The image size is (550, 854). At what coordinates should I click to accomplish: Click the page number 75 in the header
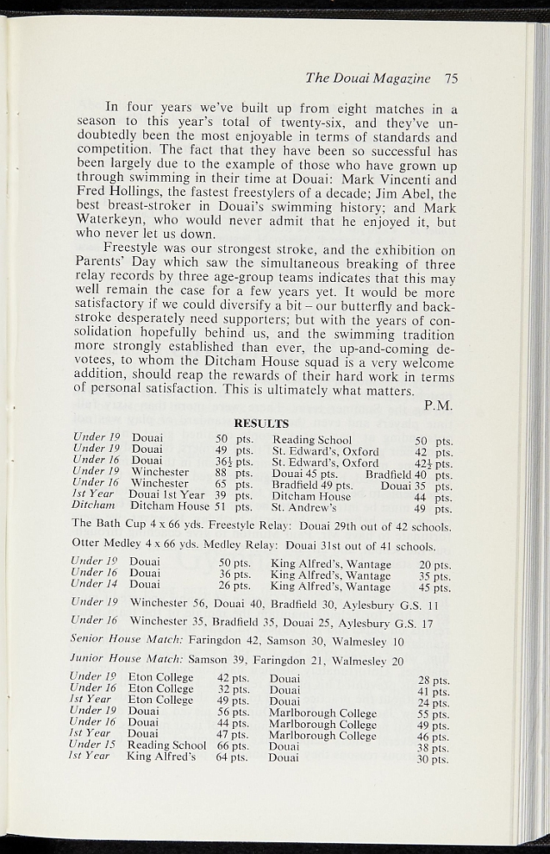(x=452, y=78)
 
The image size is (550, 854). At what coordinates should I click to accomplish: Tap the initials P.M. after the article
(x=438, y=406)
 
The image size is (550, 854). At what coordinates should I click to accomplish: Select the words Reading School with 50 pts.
(x=312, y=440)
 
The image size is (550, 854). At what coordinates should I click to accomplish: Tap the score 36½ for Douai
(x=222, y=461)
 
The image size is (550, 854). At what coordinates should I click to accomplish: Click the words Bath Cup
(x=127, y=527)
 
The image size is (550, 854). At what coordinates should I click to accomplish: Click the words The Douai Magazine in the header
(x=368, y=78)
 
